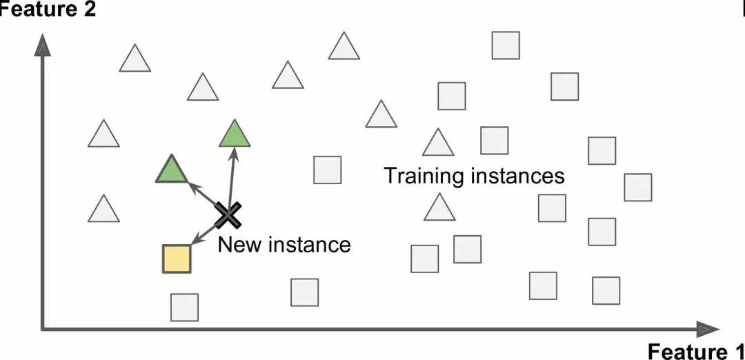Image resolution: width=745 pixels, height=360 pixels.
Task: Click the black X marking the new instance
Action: [227, 216]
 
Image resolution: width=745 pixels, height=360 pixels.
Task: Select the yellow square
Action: [176, 258]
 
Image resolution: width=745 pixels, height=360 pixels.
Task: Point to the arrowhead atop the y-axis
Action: [43, 46]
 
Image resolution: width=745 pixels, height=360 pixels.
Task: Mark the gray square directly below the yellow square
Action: [184, 307]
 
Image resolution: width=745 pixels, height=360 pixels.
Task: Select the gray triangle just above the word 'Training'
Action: [437, 143]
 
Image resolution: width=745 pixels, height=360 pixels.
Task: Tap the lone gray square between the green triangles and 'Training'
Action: [327, 170]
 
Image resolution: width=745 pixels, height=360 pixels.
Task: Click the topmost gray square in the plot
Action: [506, 45]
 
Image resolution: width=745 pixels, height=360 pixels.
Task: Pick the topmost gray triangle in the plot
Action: [344, 47]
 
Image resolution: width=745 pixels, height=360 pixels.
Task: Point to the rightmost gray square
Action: [637, 188]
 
